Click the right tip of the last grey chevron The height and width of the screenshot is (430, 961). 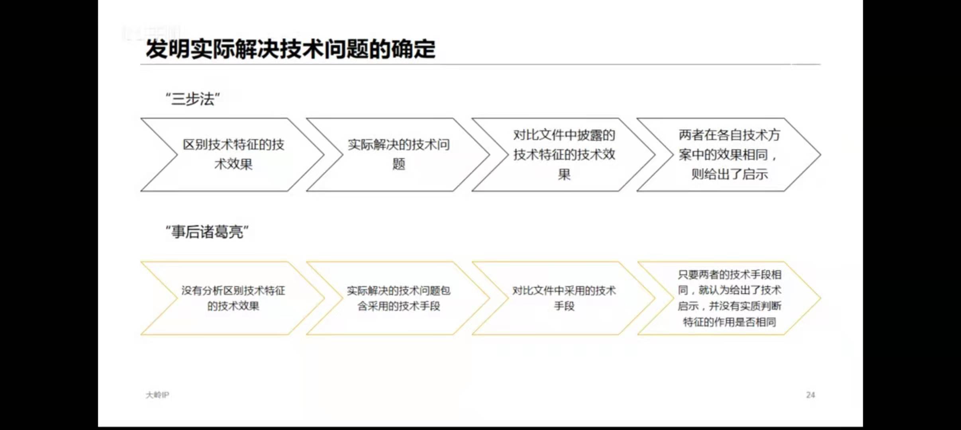(820, 154)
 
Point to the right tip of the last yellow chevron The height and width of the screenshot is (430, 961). (820, 298)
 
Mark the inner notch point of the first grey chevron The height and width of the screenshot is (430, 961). (177, 154)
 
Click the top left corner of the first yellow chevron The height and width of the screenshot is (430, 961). (141, 262)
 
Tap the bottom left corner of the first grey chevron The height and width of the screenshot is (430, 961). (141, 191)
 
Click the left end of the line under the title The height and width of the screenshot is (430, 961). (141, 64)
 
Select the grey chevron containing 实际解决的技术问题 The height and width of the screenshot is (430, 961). (398, 154)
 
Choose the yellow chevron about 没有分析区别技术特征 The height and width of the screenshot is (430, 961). (233, 298)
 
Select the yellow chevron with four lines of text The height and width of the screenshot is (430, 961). (729, 298)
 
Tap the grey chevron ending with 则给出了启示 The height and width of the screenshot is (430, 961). (729, 154)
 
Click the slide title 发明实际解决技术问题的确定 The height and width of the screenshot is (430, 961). (290, 49)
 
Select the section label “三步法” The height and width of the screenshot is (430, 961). (193, 99)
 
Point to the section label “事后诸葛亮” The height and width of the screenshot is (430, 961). (207, 232)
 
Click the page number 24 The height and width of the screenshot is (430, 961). (810, 395)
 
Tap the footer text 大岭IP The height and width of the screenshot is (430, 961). (157, 395)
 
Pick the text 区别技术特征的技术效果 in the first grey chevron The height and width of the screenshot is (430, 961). (233, 154)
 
